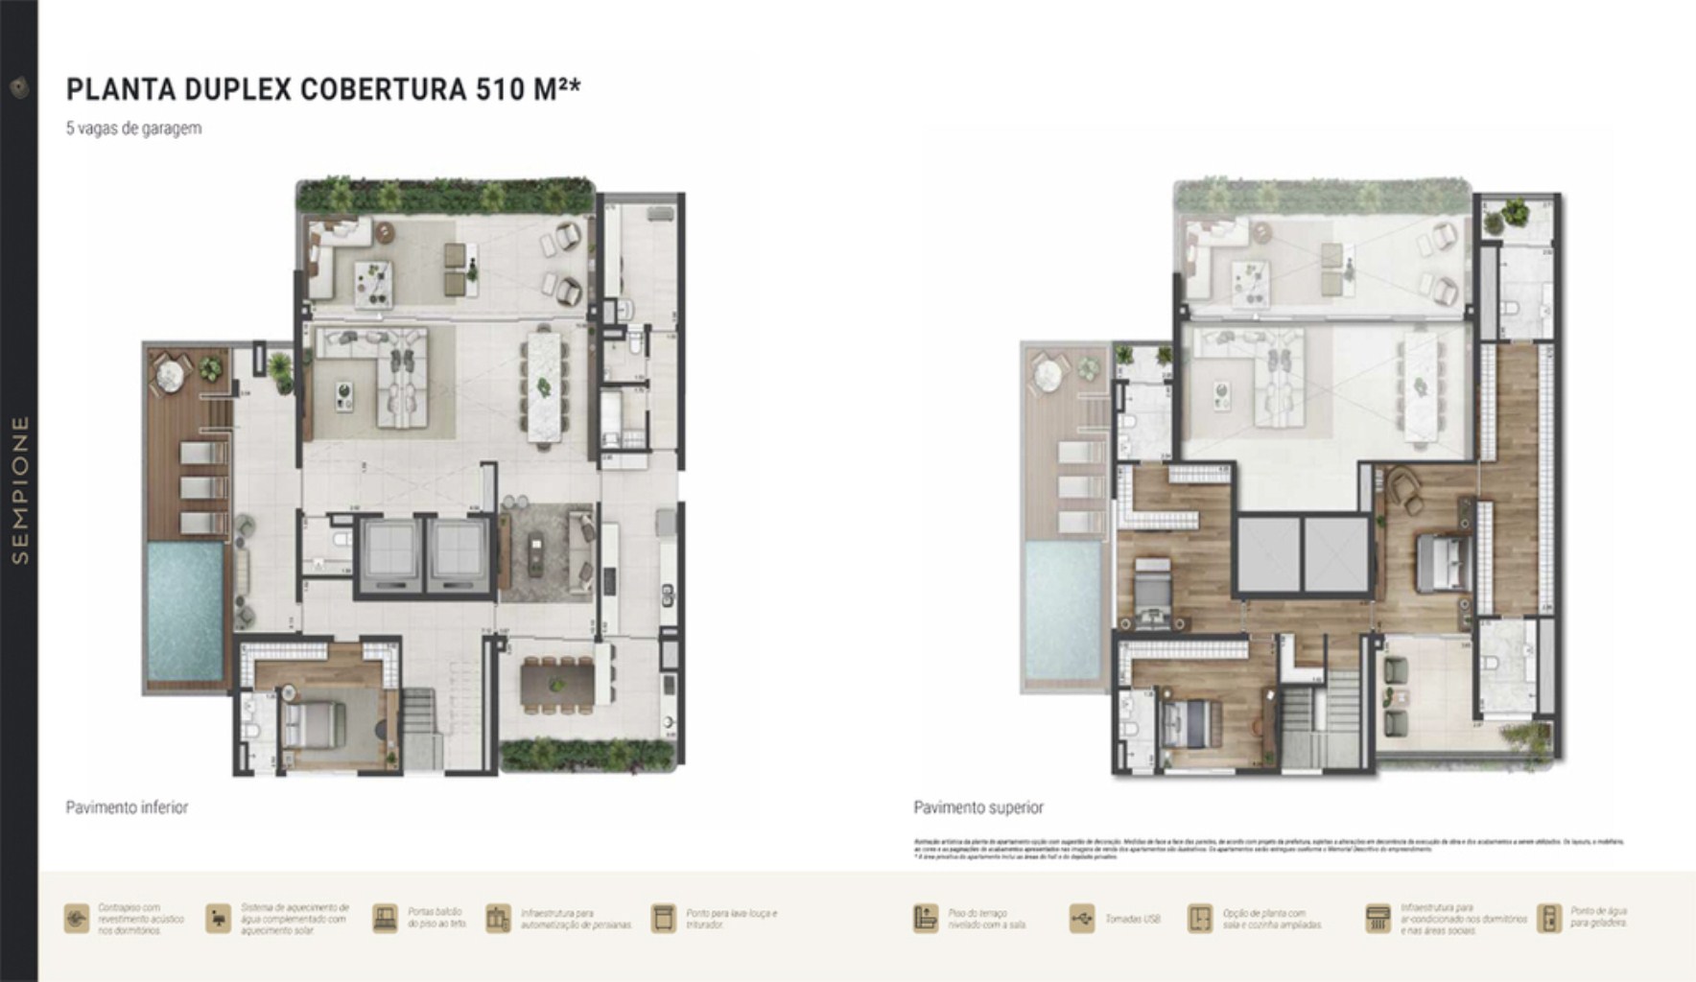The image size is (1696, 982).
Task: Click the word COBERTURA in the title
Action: pos(384,89)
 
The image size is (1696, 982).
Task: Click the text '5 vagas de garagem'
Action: pos(133,129)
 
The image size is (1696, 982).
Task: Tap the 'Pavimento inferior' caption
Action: pos(127,807)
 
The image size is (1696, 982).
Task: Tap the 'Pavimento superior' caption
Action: pos(978,807)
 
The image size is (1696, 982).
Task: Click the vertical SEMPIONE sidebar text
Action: pos(20,489)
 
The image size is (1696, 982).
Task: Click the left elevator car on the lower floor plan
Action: pos(389,553)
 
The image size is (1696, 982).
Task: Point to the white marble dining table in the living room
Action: pos(544,387)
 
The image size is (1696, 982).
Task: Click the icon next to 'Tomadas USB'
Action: pos(1081,919)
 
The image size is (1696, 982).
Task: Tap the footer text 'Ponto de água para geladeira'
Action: pos(1598,918)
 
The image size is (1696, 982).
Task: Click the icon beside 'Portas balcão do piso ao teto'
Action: pos(385,919)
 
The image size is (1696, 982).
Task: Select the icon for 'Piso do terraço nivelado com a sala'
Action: pos(925,919)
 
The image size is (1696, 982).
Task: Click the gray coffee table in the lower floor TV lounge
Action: pos(535,554)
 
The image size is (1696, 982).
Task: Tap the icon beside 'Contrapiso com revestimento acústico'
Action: pos(77,919)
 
